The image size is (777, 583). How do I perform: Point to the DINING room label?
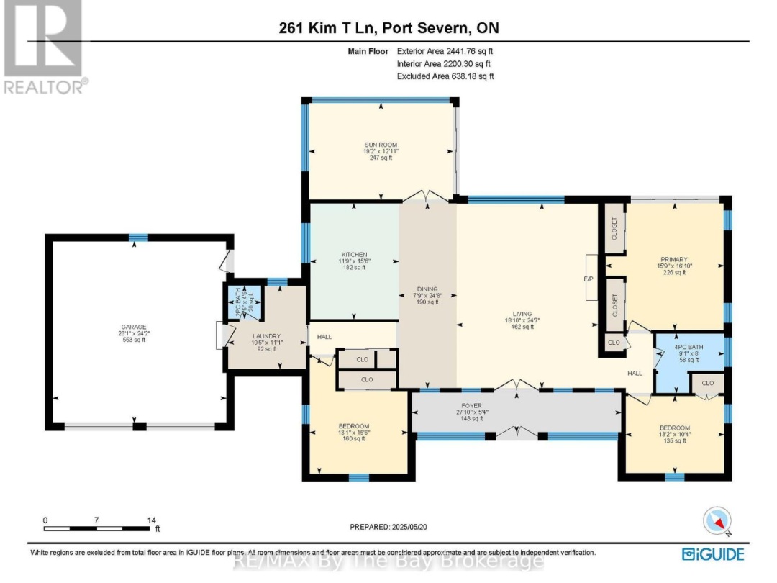pos(427,289)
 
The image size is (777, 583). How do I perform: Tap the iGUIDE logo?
pos(713,553)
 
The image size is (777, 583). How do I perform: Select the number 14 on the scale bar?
pos(151,520)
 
